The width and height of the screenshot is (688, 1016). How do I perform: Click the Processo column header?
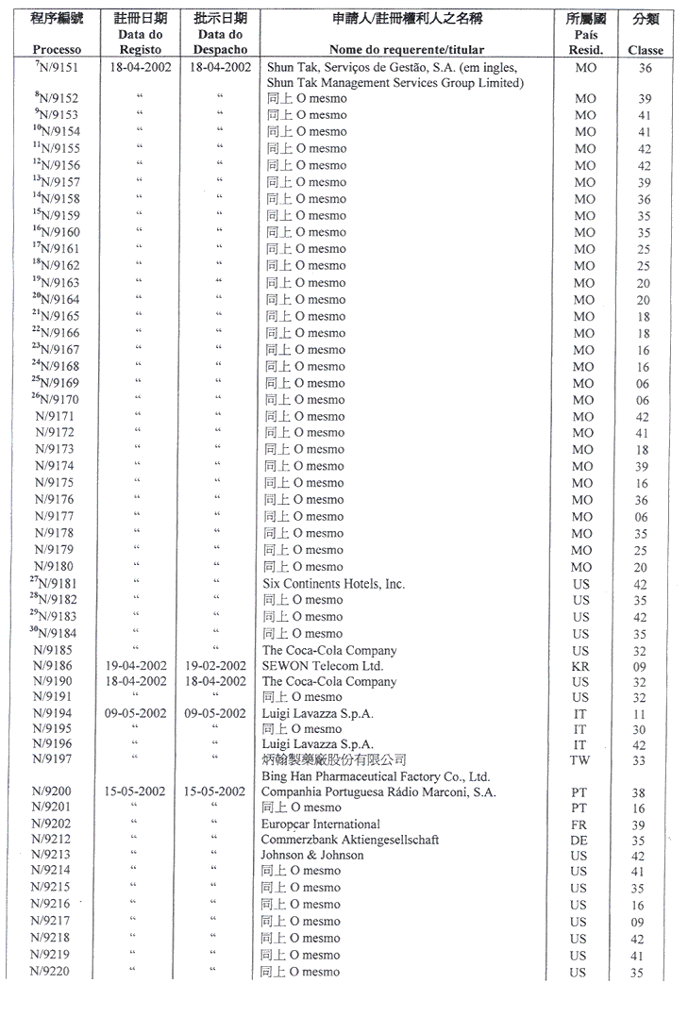click(x=57, y=50)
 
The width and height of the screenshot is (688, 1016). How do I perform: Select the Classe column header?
click(x=645, y=50)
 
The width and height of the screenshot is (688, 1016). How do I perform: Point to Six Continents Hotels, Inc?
click(x=333, y=584)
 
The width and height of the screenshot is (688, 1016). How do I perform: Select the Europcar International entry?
click(x=321, y=824)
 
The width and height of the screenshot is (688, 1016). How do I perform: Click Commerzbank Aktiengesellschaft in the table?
click(x=350, y=840)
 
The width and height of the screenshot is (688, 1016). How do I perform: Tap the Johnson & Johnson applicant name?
click(x=312, y=856)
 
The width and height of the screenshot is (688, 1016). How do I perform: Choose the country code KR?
click(x=580, y=666)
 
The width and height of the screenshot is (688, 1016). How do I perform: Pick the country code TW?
click(x=580, y=759)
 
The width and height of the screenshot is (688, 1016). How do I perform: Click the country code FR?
click(x=579, y=824)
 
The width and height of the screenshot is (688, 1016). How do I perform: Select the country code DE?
click(x=579, y=840)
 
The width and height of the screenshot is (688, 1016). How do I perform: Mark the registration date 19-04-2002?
click(x=138, y=666)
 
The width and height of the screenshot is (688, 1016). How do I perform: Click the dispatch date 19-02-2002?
click(x=218, y=666)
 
